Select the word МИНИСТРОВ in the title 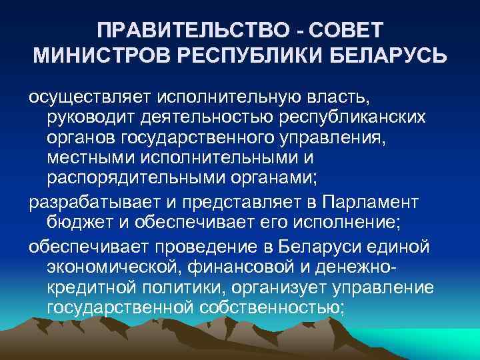click(100, 57)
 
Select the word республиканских click(349, 118)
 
